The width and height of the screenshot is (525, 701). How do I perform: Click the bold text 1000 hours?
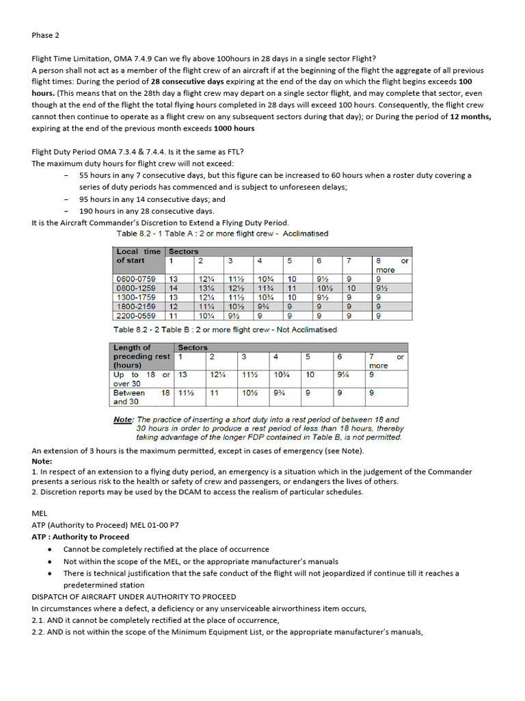pyautogui.click(x=234, y=128)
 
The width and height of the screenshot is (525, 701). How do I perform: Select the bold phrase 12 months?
pyautogui.click(x=470, y=117)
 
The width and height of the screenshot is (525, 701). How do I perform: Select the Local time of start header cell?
pyautogui.click(x=139, y=256)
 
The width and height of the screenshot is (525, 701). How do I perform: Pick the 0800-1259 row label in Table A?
pyautogui.click(x=136, y=288)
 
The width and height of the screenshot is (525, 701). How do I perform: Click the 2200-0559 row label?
pyautogui.click(x=136, y=316)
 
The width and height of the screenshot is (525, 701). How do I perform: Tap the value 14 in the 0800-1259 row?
pyautogui.click(x=174, y=288)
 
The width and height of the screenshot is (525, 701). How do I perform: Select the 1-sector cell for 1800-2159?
pyautogui.click(x=174, y=307)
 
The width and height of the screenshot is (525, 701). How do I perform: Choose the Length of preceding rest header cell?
pyautogui.click(x=142, y=357)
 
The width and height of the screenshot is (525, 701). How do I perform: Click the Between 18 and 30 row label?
pyautogui.click(x=142, y=397)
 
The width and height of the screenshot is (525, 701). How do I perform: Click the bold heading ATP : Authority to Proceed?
pyautogui.click(x=80, y=537)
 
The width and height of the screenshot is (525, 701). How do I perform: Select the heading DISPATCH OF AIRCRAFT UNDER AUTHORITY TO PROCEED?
pyautogui.click(x=134, y=597)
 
